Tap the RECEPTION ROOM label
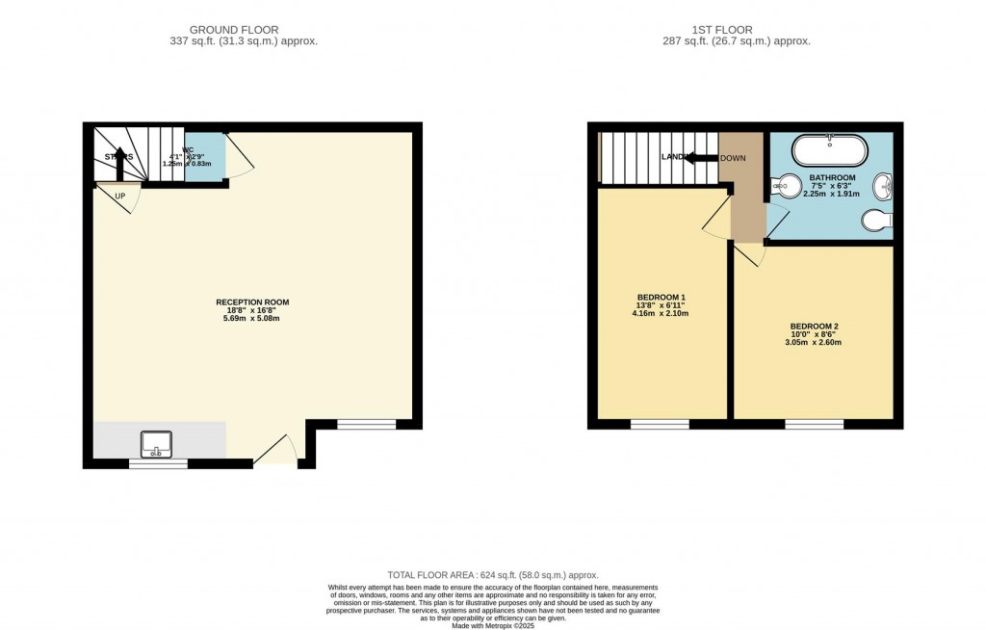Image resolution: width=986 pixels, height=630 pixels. [252, 302]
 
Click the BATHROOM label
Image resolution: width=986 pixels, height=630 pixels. [832, 178]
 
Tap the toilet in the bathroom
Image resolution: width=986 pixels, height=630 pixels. [877, 221]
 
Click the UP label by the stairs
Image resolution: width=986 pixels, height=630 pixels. [120, 197]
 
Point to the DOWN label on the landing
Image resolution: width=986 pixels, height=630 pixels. [733, 158]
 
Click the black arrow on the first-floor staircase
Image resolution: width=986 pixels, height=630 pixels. [702, 158]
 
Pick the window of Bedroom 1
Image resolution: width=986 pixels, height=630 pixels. [660, 424]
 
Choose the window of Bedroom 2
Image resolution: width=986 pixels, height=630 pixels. [814, 424]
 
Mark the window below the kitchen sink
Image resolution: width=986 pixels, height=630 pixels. [158, 463]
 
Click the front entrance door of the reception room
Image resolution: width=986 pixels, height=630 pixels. [275, 452]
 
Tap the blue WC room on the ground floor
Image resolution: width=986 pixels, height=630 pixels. [206, 157]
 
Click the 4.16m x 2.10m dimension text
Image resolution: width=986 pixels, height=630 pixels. [661, 314]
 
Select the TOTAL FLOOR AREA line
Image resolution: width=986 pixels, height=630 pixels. [492, 573]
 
